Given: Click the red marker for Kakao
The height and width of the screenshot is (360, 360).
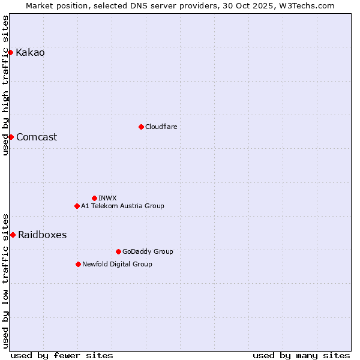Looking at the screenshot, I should pyautogui.click(x=10, y=52).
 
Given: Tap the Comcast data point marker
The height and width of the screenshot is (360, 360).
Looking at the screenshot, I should pyautogui.click(x=11, y=137).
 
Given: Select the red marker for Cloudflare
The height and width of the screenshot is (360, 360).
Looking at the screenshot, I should pyautogui.click(x=141, y=127).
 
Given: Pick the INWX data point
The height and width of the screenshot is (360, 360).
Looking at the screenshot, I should pyautogui.click(x=94, y=198).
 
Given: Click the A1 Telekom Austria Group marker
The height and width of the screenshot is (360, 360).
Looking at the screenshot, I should pyautogui.click(x=77, y=206).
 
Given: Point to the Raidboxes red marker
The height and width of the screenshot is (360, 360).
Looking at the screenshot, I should pyautogui.click(x=13, y=235).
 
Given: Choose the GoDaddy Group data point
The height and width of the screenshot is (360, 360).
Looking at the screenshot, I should pyautogui.click(x=118, y=251).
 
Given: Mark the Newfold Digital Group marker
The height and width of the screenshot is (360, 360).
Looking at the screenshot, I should pyautogui.click(x=78, y=264).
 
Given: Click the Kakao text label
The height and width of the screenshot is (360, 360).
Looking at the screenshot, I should pyautogui.click(x=30, y=52).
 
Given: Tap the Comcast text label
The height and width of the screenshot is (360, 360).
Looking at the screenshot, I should pyautogui.click(x=37, y=137).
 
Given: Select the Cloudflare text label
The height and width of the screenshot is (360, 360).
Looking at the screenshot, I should pyautogui.click(x=161, y=127).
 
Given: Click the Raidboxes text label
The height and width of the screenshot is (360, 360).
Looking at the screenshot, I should pyautogui.click(x=42, y=235).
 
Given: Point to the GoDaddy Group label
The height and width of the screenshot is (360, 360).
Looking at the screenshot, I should pyautogui.click(x=148, y=251).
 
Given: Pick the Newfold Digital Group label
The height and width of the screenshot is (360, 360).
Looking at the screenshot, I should pyautogui.click(x=117, y=264).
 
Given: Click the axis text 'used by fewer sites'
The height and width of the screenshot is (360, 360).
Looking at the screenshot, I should pyautogui.click(x=62, y=355).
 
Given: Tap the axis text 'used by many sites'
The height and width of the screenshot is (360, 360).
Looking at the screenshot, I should pyautogui.click(x=301, y=355).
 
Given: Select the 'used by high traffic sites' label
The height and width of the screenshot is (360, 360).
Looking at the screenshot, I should pyautogui.click(x=6, y=85).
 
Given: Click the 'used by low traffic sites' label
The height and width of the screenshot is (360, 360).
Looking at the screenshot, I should pyautogui.click(x=6, y=280).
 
